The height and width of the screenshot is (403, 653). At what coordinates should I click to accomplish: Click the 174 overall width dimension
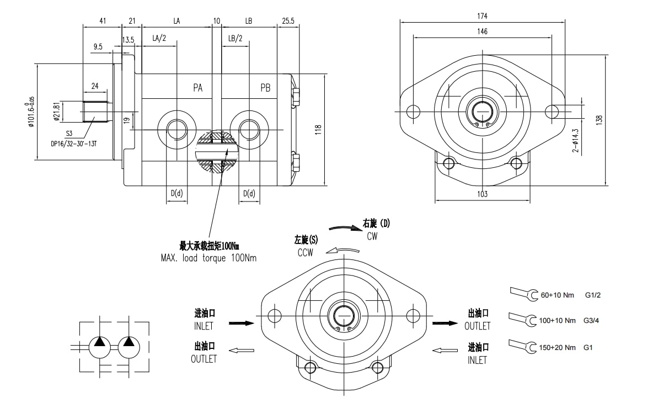point(483,16)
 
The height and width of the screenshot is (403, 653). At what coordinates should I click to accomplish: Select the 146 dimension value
point(483,32)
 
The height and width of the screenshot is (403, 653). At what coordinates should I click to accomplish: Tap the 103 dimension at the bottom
point(483,194)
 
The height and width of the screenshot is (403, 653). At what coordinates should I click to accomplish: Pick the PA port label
point(198,88)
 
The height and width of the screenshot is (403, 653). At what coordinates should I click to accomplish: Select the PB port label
point(265,88)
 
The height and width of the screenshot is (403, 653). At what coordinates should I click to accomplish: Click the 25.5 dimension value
point(288,21)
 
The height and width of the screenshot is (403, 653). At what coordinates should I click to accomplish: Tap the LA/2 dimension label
point(159,38)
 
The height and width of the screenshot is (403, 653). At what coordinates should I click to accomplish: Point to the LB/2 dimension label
point(235,38)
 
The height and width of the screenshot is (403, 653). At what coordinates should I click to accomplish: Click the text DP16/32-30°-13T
point(73,144)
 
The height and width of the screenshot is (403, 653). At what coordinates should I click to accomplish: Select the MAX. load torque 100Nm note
point(208,257)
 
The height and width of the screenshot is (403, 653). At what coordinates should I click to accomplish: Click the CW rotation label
point(373,236)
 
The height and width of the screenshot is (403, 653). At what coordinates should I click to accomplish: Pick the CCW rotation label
point(304,252)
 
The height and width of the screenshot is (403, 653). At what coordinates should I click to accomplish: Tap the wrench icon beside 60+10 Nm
point(524,294)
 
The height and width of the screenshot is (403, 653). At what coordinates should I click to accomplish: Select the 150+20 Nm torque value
point(558,347)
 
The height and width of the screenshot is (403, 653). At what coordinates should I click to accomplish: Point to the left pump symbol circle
point(100,347)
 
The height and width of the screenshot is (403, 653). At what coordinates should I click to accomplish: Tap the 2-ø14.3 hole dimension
point(576,140)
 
